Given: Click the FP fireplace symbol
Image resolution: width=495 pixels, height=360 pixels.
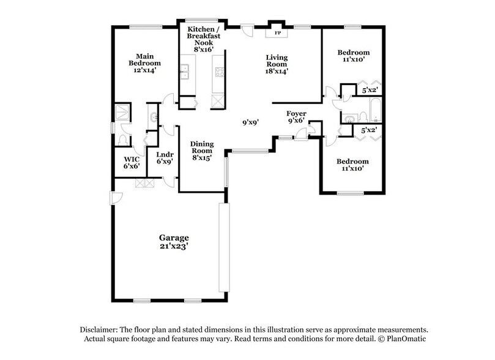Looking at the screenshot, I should pyautogui.click(x=277, y=32).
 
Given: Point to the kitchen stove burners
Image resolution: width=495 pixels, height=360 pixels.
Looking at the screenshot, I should pyautogui.click(x=218, y=76).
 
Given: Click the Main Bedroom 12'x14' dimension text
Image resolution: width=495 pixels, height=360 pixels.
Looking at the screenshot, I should pyautogui.click(x=144, y=70).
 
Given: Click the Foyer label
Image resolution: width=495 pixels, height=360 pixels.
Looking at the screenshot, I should pyautogui.click(x=296, y=114).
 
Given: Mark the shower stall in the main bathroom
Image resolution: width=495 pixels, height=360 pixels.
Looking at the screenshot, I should pyautogui.click(x=122, y=112).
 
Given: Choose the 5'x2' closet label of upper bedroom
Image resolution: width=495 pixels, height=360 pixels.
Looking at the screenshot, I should pyautogui.click(x=370, y=91).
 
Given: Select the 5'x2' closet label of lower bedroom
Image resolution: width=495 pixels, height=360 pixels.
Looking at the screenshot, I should pyautogui.click(x=368, y=130).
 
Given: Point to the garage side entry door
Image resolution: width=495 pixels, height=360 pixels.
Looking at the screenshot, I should pyautogui.click(x=115, y=197).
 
